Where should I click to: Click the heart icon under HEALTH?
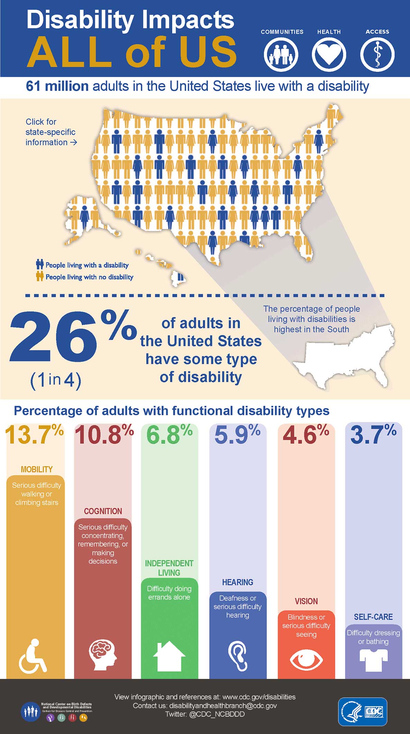click(329, 55)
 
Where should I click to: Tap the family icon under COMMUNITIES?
click(281, 55)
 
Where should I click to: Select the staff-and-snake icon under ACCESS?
click(377, 55)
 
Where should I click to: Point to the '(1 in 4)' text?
click(56, 380)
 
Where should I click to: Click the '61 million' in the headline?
click(57, 86)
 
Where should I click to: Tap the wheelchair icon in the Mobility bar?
click(33, 656)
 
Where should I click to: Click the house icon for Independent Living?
click(169, 656)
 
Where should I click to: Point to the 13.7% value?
click(34, 434)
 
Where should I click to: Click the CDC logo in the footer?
click(362, 711)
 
